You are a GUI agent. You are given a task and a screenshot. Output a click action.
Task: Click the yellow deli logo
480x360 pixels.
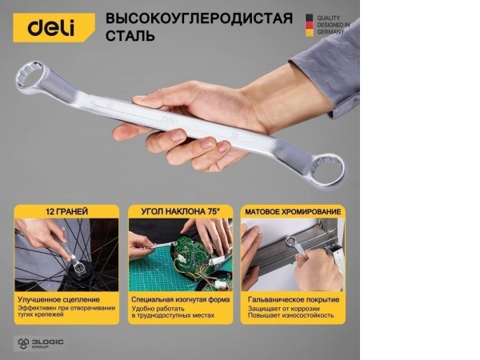pos(51,27)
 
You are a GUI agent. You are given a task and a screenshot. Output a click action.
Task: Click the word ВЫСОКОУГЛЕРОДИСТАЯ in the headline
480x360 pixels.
pos(199,18)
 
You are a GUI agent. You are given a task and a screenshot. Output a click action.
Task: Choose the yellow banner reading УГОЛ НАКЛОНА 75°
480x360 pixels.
pos(180,211)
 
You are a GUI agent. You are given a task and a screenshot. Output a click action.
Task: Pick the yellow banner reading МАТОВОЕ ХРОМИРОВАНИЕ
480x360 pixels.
pos(293,211)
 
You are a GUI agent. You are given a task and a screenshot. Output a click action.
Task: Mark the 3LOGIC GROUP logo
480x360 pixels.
pos(40,342)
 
